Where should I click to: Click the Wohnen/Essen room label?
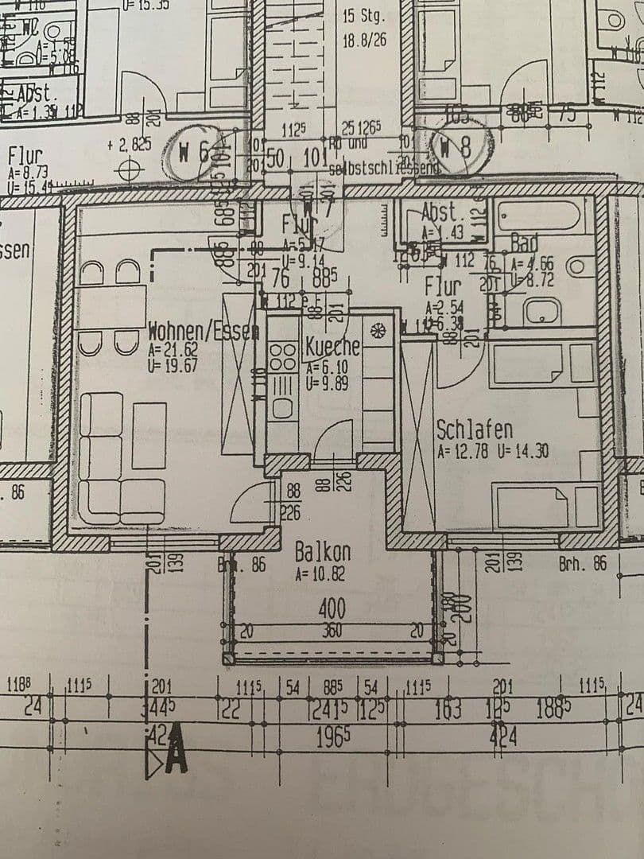(204, 332)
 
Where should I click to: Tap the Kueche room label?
(333, 348)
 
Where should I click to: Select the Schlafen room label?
(475, 430)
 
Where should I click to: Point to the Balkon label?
(322, 552)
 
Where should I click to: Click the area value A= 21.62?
(173, 349)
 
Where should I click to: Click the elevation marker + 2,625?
(128, 145)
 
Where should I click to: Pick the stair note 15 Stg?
(363, 16)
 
